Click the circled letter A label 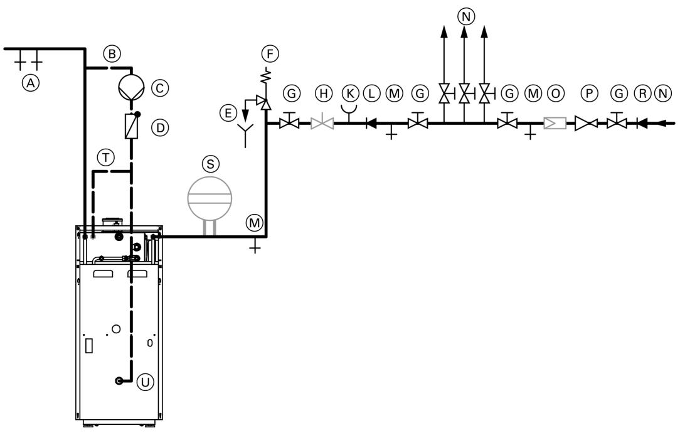point(28,81)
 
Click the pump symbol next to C point(131,88)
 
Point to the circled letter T point(109,159)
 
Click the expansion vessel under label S point(210,196)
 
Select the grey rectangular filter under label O point(555,123)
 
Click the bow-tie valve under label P point(587,123)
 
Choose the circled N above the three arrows point(464,16)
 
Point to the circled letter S point(210,163)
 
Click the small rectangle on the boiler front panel point(88,346)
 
